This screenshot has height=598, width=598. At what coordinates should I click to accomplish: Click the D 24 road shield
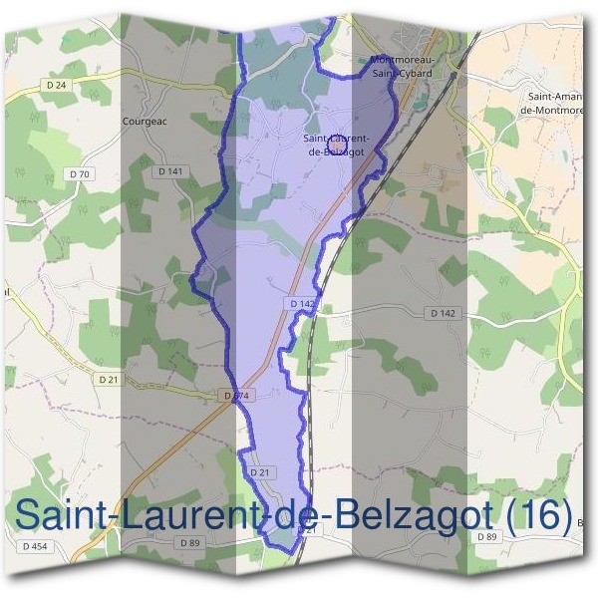56,86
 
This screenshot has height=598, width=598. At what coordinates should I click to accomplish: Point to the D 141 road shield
170,171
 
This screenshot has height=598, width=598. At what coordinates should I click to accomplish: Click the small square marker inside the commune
337,146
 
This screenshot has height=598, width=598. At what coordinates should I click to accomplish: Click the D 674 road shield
239,396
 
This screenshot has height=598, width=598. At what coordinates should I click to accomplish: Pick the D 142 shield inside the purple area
302,303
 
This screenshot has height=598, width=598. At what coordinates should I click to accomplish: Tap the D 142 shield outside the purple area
445,313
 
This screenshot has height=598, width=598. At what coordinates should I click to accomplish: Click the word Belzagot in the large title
411,515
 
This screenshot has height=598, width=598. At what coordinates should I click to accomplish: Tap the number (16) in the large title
539,515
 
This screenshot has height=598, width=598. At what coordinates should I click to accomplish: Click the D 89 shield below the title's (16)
486,537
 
